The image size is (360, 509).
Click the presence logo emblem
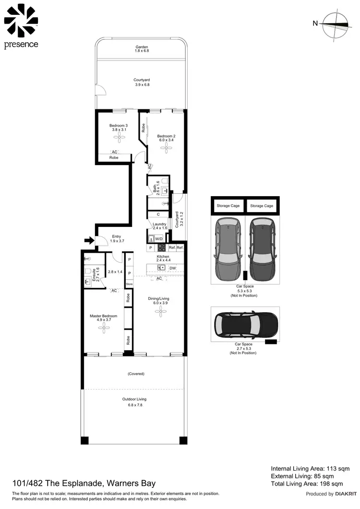pos(21,21)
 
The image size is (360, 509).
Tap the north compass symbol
pos(335,24)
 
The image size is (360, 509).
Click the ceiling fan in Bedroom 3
pos(118,138)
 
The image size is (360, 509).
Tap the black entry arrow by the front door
pos(88,240)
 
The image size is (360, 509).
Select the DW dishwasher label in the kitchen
pos(173,268)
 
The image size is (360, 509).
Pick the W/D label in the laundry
pos(159,238)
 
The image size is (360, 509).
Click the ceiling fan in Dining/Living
pos(158,311)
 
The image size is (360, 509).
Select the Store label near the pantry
pos(129,284)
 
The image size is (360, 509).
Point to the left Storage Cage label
pos(228,206)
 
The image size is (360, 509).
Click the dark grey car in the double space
pos(262,249)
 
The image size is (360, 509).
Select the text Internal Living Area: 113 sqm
pos(310,468)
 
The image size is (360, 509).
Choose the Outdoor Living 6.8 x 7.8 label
pos(134,402)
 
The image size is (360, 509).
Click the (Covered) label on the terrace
pos(136,373)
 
